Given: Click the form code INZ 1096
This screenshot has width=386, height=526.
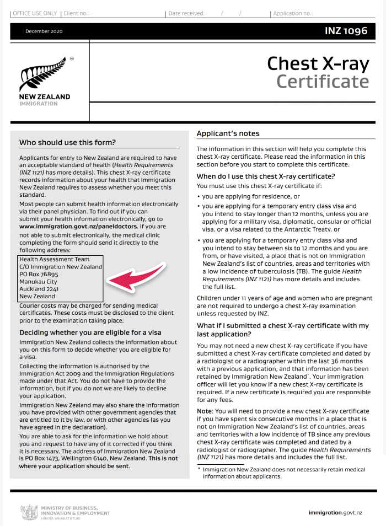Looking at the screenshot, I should coord(346,31).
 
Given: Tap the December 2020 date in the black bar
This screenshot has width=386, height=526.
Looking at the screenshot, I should coord(44,31).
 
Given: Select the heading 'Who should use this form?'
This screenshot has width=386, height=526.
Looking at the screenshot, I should coord(67,142).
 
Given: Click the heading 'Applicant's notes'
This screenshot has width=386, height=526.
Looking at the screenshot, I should coord(228,133).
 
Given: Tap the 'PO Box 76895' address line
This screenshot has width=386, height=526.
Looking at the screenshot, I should coord(39,274).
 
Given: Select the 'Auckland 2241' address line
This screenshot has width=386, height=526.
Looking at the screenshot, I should coord(39,289).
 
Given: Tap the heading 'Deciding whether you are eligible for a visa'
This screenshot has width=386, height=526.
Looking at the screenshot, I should coord(90,332).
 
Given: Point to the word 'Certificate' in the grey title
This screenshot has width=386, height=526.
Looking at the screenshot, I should coord(323,82).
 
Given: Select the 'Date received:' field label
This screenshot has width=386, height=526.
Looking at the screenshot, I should coord(186,13).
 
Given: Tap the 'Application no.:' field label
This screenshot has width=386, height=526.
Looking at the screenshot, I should coord(293,13).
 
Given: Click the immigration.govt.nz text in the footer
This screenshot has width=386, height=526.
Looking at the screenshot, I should coord(335,513).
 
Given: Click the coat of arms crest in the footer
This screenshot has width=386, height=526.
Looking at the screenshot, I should coord(29,512).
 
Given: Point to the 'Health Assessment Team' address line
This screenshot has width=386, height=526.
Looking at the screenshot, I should coord(53,259).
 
